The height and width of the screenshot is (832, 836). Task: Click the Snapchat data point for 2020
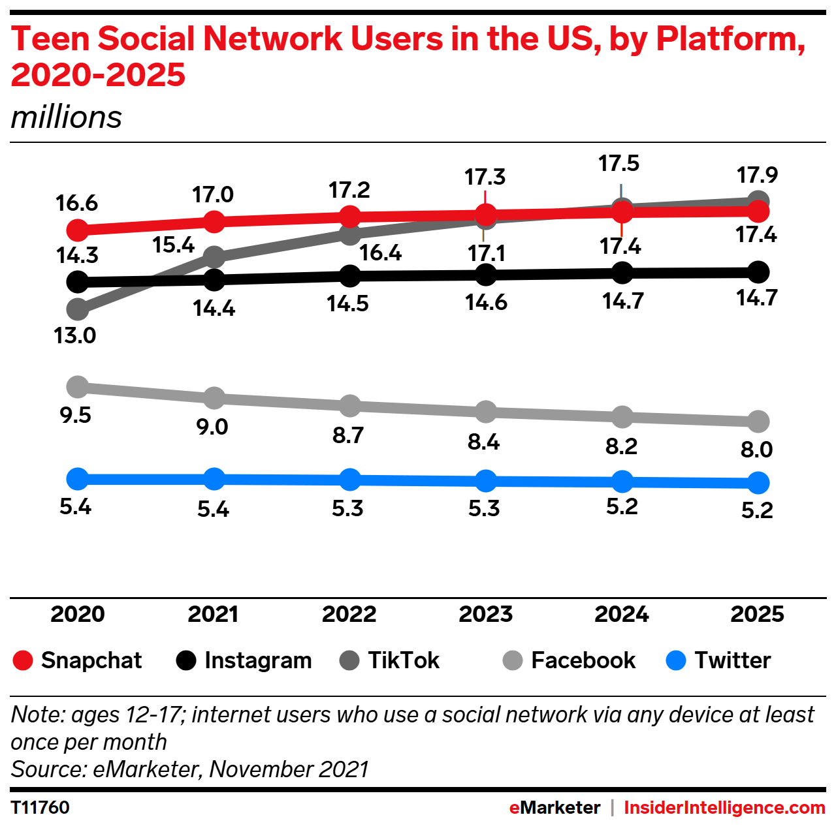point(78,230)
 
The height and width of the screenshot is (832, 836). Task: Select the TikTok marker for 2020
point(78,309)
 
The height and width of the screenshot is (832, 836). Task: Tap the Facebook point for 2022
point(349,406)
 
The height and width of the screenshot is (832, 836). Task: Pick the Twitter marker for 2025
point(758,482)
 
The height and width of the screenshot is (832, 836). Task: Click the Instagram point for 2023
point(485,275)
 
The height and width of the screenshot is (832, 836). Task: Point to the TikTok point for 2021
point(214,257)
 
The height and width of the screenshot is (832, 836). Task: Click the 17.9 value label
point(758,175)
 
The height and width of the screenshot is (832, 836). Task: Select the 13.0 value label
point(75,335)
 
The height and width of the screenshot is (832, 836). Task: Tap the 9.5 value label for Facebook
point(76,416)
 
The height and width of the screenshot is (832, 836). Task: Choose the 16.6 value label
point(77,203)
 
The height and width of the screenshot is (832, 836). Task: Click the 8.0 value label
point(756,449)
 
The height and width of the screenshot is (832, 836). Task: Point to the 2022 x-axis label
point(349,614)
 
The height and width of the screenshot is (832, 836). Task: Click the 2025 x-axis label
point(758,614)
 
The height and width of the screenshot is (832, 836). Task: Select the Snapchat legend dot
point(23,660)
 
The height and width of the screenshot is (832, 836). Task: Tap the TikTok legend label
point(404,660)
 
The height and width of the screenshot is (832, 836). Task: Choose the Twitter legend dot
point(676,660)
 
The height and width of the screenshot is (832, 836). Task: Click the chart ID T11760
point(40,808)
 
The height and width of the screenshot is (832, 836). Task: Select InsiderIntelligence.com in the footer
point(724,808)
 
